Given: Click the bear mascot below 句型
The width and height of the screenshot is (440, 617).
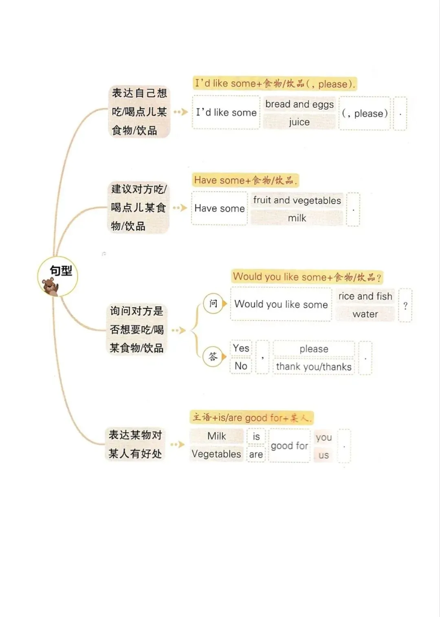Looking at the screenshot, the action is click(50, 286).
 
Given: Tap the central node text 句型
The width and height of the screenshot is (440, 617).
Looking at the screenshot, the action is click(61, 271).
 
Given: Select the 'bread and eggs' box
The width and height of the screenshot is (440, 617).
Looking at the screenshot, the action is click(299, 104).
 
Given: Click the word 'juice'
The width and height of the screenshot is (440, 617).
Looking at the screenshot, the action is click(299, 122).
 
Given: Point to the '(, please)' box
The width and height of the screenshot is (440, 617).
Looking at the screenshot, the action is click(365, 113).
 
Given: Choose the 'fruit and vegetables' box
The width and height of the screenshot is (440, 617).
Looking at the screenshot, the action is click(297, 200).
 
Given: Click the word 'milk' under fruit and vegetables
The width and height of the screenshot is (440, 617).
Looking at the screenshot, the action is click(297, 218).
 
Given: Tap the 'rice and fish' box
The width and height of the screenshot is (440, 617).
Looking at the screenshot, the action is click(365, 296).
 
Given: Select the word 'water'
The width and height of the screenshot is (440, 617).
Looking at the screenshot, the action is click(365, 314).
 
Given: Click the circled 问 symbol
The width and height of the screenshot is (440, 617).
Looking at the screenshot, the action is click(213, 303).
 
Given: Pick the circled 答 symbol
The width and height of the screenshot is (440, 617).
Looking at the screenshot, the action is click(213, 357).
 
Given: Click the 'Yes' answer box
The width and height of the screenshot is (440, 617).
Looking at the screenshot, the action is click(241, 348).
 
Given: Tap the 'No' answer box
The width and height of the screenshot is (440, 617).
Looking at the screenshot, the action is click(241, 366).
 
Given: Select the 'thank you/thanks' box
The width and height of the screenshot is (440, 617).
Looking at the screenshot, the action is click(314, 367).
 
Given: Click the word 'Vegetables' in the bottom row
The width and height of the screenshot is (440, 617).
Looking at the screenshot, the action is click(216, 454).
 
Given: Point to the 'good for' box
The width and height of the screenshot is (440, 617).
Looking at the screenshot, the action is click(289, 446).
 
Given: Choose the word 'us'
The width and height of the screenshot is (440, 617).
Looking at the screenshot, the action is click(323, 455).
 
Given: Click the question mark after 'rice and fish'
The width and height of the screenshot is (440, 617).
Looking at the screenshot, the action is click(405, 305).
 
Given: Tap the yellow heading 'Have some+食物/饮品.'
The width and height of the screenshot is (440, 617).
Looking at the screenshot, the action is click(245, 180).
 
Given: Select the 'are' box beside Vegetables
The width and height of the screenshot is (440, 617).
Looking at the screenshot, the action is click(256, 454).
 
